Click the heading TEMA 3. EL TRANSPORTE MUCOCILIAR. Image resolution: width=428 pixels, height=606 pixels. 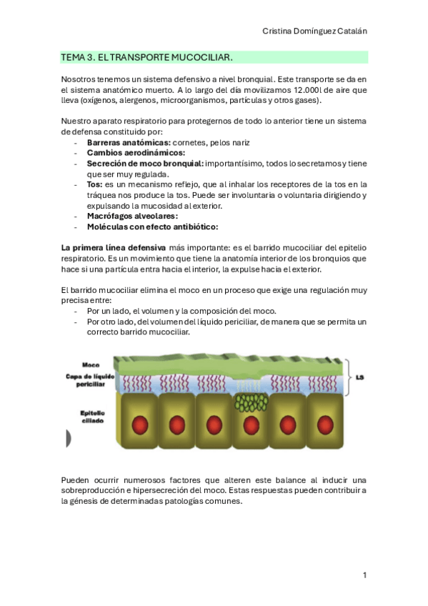tap(147, 57)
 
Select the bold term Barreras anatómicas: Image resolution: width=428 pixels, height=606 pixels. tap(129, 142)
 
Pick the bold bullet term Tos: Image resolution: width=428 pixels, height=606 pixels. tap(94, 184)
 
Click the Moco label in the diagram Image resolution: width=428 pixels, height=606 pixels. tap(91, 364)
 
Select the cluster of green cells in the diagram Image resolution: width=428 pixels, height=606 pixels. tap(249, 402)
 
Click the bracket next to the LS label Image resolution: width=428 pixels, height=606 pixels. tap(347, 377)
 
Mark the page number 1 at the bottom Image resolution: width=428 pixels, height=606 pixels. tap(364, 575)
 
